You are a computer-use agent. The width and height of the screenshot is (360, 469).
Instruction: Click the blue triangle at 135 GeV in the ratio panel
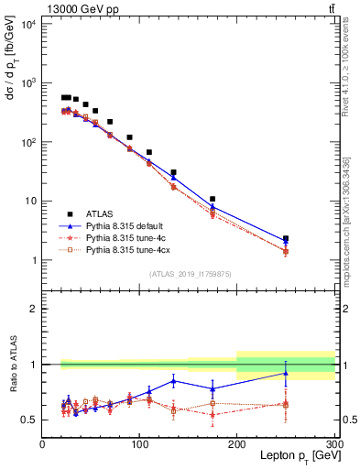[x=173, y=381]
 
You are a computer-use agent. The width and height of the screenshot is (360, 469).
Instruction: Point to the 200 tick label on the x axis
[x=237, y=444]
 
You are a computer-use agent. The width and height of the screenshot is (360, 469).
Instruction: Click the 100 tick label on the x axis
[x=139, y=444]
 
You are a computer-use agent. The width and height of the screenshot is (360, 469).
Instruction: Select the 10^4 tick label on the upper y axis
[x=27, y=24]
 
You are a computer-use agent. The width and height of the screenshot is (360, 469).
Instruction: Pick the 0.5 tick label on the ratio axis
[x=29, y=420]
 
